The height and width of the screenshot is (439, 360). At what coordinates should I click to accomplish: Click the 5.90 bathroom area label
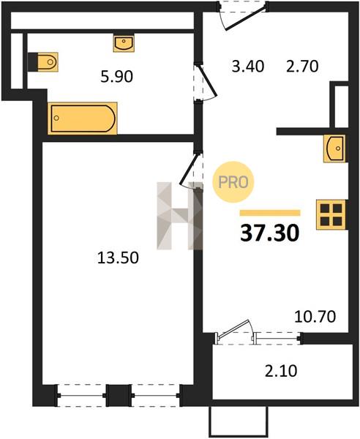point(116,76)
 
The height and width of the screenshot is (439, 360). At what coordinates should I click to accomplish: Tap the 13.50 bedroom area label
point(118,258)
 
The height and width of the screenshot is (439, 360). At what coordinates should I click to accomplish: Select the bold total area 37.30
point(270,233)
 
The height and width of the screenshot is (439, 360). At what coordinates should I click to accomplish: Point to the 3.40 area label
point(248,67)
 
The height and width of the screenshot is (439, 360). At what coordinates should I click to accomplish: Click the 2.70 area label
point(302,67)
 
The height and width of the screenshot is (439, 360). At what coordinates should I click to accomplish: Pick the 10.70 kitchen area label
point(315,317)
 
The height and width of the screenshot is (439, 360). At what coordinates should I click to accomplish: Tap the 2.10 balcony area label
point(281,371)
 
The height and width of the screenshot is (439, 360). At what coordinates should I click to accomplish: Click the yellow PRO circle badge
point(233,182)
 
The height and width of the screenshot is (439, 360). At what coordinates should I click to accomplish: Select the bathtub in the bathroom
point(83,118)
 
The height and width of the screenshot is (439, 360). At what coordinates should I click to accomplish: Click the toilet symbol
point(43,61)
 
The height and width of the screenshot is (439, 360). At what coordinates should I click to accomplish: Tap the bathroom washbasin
point(124,43)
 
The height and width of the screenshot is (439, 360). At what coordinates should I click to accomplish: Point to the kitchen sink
point(334,149)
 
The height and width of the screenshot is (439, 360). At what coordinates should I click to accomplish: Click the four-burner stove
point(331,214)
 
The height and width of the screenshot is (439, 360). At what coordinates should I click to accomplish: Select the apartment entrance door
point(246,18)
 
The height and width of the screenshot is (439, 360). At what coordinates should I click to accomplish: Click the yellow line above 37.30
point(270,213)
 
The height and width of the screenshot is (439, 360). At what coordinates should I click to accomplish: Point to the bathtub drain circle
point(56,118)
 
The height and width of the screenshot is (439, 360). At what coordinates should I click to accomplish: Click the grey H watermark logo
point(179,216)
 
